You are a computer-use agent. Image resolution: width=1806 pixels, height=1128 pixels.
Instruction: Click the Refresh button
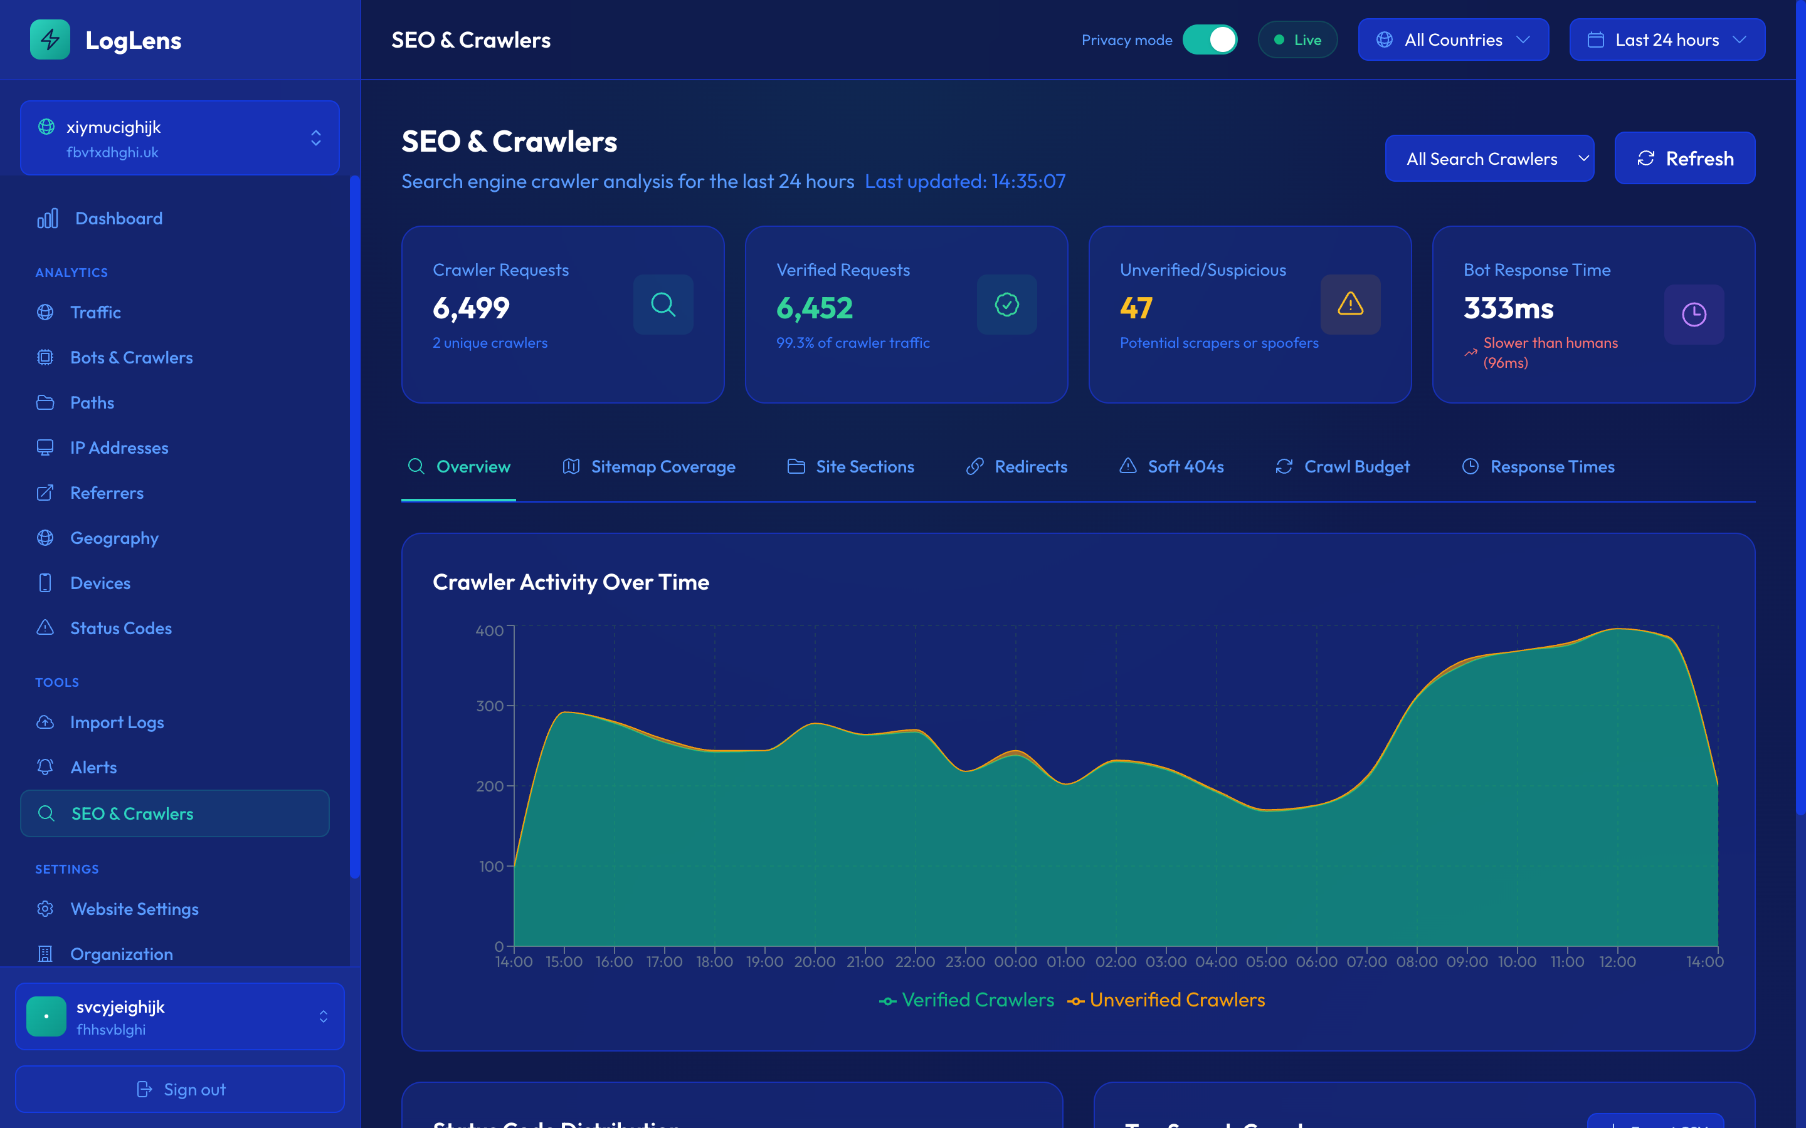1684,158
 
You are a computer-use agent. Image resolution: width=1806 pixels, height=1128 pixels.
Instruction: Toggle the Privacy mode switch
1210,40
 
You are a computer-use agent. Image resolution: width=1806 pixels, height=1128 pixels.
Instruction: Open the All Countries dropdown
1452,40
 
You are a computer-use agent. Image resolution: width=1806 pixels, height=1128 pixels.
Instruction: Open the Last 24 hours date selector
1666,40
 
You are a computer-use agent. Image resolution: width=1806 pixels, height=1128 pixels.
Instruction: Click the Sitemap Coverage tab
648,467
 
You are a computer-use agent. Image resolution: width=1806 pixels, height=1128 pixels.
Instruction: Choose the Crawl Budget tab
1343,467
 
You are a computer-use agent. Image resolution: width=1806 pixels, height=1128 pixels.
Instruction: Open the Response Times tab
1538,467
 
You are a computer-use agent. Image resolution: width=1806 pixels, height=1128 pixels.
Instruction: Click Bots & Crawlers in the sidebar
131,358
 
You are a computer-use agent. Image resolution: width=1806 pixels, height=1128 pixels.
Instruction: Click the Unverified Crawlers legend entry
1166,1000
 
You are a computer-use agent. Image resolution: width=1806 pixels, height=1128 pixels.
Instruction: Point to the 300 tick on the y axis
490,706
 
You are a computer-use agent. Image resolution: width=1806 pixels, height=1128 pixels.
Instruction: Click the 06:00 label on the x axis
1316,963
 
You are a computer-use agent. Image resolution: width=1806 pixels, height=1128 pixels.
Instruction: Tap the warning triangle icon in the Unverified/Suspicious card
1350,305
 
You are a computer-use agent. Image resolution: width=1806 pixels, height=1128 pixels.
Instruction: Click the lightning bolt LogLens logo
50,39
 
